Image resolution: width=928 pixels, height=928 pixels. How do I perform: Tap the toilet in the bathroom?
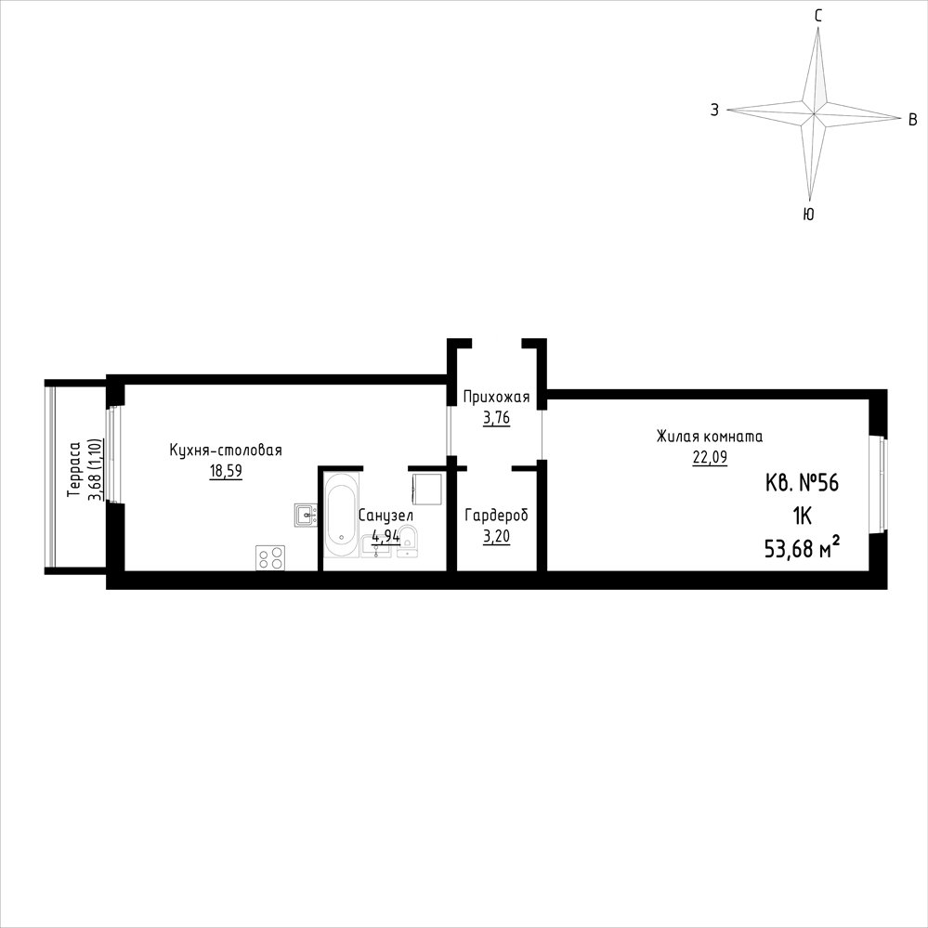(x=407, y=542)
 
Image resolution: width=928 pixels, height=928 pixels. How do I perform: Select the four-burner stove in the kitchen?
(x=270, y=558)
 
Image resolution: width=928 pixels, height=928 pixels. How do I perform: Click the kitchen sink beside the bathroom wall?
(x=306, y=515)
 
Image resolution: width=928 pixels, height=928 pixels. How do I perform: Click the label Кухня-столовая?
(x=226, y=451)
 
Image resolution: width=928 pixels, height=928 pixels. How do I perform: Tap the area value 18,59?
(x=226, y=471)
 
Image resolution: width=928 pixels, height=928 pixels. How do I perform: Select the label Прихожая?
(x=496, y=397)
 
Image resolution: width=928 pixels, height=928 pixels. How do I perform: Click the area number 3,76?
(x=496, y=418)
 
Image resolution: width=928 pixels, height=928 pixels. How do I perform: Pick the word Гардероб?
(x=496, y=516)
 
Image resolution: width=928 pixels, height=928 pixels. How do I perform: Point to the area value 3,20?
(x=496, y=537)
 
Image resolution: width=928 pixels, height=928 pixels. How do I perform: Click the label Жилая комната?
(x=709, y=437)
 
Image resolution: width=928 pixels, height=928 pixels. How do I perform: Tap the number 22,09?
(x=710, y=457)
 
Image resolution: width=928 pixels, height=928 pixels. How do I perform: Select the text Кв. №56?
(x=802, y=484)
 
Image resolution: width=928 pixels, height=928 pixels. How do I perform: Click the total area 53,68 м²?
(x=803, y=549)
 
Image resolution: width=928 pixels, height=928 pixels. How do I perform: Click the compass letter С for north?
(x=817, y=17)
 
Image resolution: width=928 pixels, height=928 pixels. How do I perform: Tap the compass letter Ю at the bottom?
(x=808, y=215)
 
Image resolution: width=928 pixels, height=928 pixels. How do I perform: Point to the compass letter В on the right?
(x=912, y=120)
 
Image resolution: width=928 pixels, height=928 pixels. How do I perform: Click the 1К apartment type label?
(x=802, y=516)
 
